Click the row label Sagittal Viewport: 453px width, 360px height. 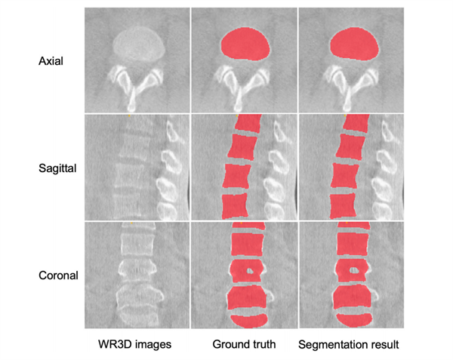pos(55,167)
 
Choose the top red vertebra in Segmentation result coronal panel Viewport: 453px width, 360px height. pos(352,245)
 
